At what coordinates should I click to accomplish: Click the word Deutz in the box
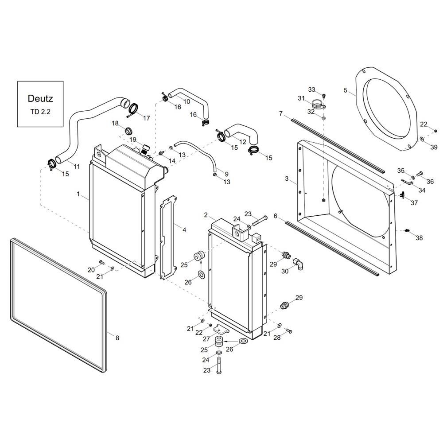click(x=40, y=98)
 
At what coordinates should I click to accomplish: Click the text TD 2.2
click(x=40, y=112)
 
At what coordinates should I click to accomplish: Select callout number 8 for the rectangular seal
click(x=117, y=338)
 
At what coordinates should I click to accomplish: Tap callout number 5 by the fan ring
click(x=345, y=90)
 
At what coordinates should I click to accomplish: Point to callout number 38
click(x=419, y=238)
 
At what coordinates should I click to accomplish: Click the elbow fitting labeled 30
click(x=299, y=264)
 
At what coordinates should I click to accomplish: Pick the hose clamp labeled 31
click(x=319, y=104)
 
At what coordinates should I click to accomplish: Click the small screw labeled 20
click(x=101, y=262)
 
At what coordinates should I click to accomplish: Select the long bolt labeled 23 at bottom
click(x=219, y=365)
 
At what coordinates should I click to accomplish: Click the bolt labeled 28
click(x=288, y=330)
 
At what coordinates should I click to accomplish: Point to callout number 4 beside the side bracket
click(x=184, y=229)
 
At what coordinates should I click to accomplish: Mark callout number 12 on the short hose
click(x=243, y=142)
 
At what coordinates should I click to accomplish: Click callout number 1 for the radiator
click(x=78, y=194)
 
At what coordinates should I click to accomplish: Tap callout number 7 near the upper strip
click(x=280, y=113)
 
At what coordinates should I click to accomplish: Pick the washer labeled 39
click(x=422, y=139)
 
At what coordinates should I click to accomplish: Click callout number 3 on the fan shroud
click(x=287, y=179)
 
